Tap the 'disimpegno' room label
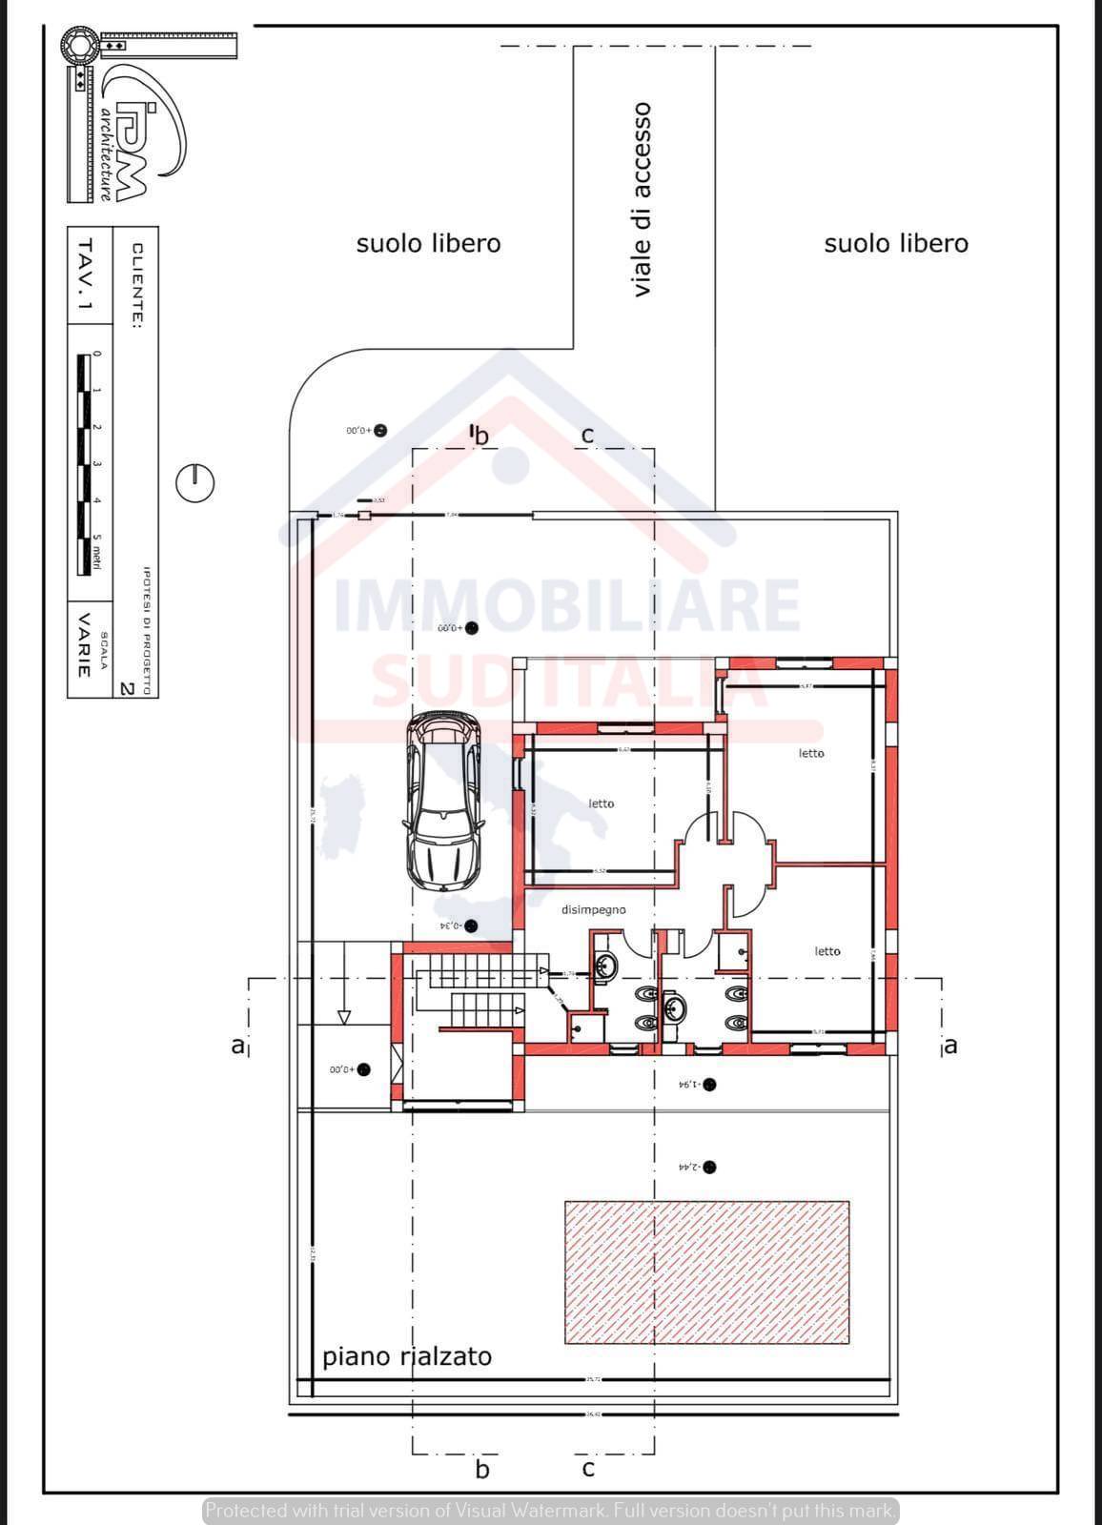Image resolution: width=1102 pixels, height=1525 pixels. click(593, 909)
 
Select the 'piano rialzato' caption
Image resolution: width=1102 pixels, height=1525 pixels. click(407, 1355)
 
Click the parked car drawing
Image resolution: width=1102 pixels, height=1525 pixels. click(442, 803)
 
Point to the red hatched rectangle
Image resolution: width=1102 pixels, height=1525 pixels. click(706, 1271)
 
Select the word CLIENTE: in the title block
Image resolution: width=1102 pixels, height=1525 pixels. click(137, 286)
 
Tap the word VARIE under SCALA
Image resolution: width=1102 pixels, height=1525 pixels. click(84, 644)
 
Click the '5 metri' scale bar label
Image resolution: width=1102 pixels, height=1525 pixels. click(96, 554)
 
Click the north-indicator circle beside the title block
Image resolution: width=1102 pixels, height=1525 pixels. click(194, 482)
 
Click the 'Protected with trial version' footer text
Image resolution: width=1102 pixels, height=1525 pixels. click(550, 1510)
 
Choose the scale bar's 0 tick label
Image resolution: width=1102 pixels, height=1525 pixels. click(95, 354)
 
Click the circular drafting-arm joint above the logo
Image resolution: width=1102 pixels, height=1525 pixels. click(78, 45)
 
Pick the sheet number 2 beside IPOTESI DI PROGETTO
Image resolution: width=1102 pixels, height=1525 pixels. click(126, 686)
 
